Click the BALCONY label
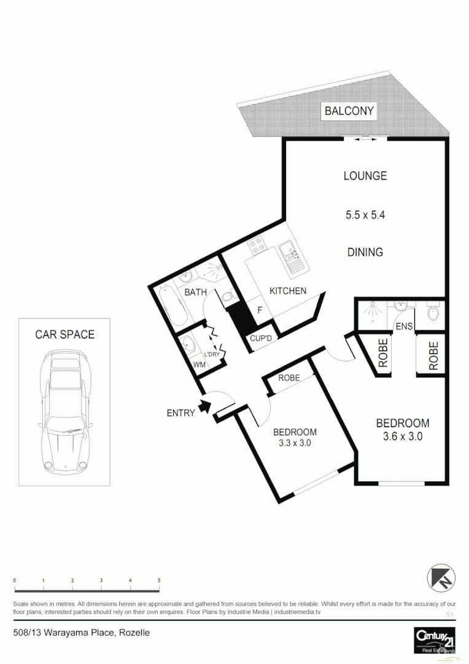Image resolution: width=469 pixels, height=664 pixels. (x=349, y=111)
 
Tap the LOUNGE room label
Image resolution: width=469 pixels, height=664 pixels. (x=365, y=176)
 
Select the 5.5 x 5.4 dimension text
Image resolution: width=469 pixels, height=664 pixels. (x=365, y=215)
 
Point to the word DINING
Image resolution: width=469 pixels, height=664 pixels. (x=365, y=252)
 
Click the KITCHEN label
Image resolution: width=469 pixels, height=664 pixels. (x=287, y=291)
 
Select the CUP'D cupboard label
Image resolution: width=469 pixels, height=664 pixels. (x=265, y=338)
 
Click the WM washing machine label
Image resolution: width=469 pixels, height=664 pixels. (x=199, y=365)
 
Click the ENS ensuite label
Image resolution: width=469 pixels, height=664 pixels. (x=403, y=326)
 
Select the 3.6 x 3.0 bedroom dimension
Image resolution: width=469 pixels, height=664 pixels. (x=402, y=437)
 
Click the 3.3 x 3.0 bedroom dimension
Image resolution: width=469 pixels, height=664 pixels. (x=295, y=443)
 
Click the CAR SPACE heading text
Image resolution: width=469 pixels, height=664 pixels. (x=64, y=334)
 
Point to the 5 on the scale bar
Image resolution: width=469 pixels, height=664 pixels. (x=159, y=581)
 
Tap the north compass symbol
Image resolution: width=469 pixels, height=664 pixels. (x=441, y=577)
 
